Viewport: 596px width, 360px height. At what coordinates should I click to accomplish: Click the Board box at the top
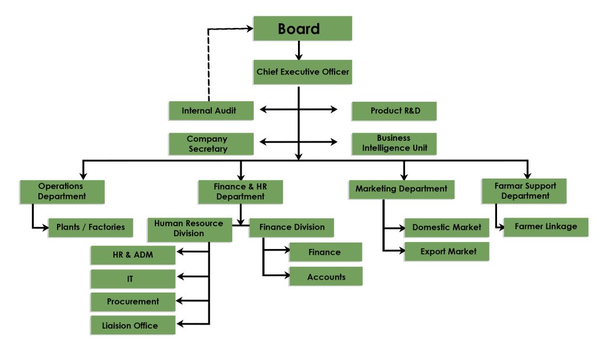point(302,28)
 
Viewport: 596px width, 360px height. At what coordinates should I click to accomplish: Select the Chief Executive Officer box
point(302,72)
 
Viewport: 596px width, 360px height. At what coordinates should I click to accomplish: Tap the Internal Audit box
point(211,111)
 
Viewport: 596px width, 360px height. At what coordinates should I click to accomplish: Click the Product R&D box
point(394,111)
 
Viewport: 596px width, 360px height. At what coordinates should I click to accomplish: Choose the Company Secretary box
point(211,144)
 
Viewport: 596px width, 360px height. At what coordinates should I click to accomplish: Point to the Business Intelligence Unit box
point(394,143)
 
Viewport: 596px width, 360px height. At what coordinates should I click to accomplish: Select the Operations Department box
point(62,191)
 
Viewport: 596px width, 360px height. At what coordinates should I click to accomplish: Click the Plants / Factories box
point(90,227)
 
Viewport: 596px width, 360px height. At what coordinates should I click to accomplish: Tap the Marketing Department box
point(401,189)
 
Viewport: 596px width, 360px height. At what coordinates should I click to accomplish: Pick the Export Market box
point(446,251)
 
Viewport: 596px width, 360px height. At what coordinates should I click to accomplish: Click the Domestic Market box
point(446,227)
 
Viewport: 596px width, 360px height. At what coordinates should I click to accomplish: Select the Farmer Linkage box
point(545,226)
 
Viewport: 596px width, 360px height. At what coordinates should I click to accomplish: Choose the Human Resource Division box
point(189,228)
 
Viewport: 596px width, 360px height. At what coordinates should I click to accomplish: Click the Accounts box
point(326,277)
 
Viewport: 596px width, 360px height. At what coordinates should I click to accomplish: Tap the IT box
point(133,279)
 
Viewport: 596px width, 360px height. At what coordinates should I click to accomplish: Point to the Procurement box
point(133,301)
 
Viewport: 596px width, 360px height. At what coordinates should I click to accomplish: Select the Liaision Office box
point(133,325)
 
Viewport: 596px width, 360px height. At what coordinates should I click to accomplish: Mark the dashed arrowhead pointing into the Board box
point(249,28)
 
